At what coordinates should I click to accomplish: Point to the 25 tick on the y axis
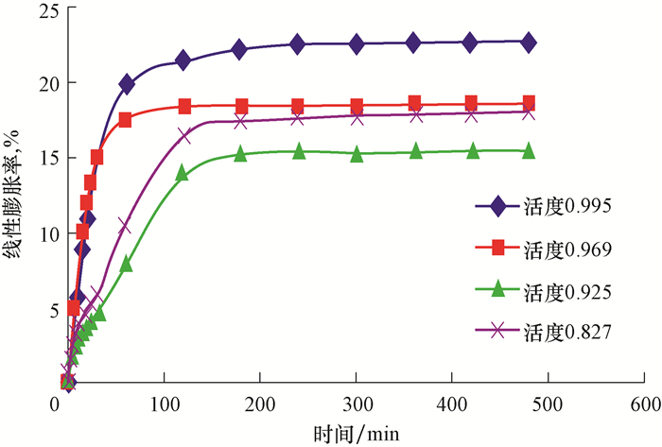39,10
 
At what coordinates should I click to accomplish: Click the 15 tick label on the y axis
39,158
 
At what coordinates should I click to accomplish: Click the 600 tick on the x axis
646,404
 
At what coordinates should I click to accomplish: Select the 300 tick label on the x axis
357,404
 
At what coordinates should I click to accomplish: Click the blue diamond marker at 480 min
529,42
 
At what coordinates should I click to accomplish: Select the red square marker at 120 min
184,106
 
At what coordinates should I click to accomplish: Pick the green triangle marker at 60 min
127,264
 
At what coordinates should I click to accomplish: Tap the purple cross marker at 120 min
184,135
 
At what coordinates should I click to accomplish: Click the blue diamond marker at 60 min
127,84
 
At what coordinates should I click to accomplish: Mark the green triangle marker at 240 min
299,151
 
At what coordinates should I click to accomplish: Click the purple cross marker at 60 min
125,225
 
